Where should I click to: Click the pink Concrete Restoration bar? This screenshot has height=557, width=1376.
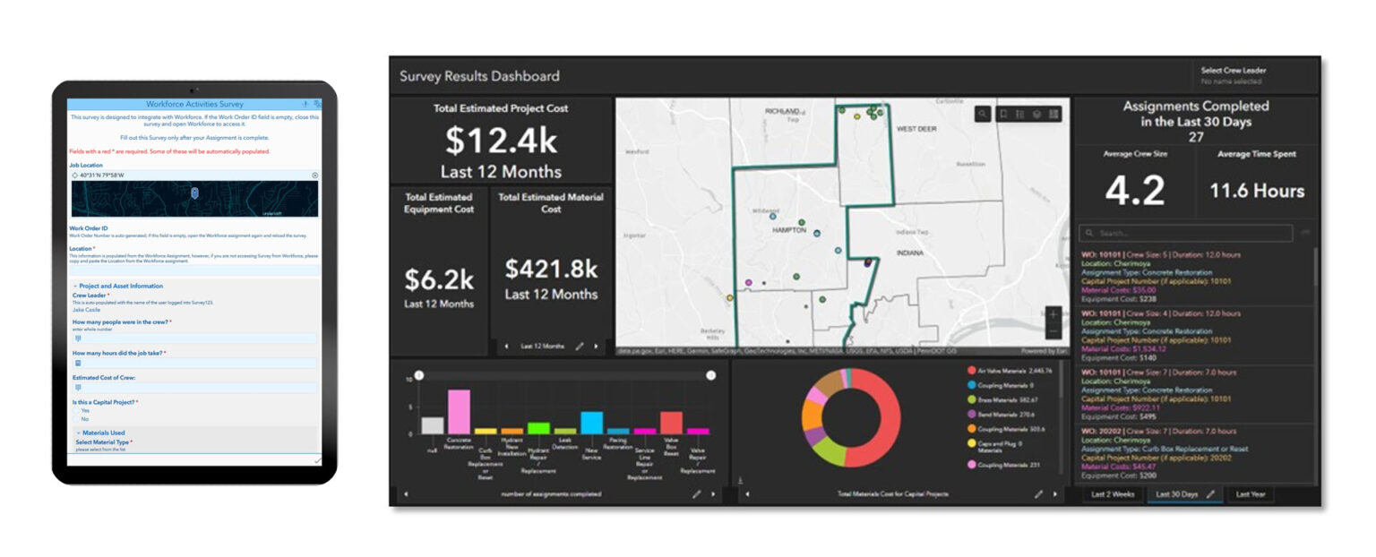pos(459,412)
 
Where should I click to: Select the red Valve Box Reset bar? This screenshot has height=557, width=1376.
pos(671,423)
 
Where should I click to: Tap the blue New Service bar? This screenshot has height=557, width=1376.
pos(591,423)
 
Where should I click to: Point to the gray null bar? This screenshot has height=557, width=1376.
pos(433,425)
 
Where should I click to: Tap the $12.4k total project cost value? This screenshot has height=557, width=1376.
pos(501,141)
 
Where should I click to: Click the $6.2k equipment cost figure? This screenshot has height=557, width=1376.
pos(439,279)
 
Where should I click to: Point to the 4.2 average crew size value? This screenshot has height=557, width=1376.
pos(1134,191)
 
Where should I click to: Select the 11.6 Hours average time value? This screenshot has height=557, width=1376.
pos(1257,191)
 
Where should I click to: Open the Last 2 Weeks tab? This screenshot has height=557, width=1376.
pos(1111,493)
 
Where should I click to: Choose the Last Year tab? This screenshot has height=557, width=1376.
pos(1250,493)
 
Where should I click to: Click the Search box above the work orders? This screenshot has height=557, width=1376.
pos(1187,233)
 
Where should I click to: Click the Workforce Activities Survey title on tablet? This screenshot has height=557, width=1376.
pos(194,105)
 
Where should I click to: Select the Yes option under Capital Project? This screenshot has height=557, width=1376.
pos(85,411)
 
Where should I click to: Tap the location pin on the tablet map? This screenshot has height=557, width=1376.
pos(194,192)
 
